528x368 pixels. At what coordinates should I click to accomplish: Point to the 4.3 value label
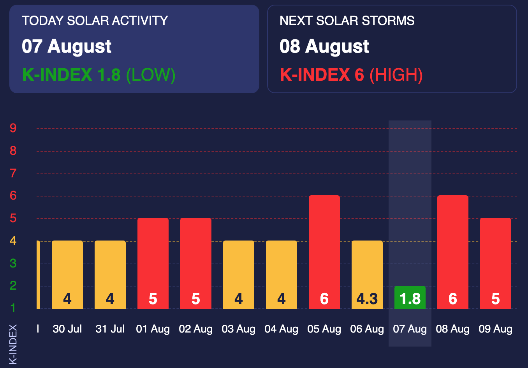coord(367,299)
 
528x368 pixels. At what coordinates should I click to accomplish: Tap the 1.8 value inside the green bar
coord(410,299)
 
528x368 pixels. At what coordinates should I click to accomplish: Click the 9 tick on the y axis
coord(13,128)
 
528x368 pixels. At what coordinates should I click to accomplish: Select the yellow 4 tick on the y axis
coord(13,241)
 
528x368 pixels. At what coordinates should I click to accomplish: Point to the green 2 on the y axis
coord(13,286)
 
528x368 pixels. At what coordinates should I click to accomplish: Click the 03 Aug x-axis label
coord(238,329)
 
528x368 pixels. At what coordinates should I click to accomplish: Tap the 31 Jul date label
coord(110,329)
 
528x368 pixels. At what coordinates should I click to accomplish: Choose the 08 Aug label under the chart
coord(452,329)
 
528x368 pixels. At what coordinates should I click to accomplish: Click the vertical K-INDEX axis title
coord(13,344)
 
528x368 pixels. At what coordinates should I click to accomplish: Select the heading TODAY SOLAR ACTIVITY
coord(95,21)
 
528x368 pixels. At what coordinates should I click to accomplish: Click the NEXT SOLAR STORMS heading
coord(347,21)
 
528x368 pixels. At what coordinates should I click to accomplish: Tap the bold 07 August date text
coord(67,46)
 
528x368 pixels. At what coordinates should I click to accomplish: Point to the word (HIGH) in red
coord(396,75)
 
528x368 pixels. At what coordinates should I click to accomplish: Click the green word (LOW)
coord(151,75)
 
